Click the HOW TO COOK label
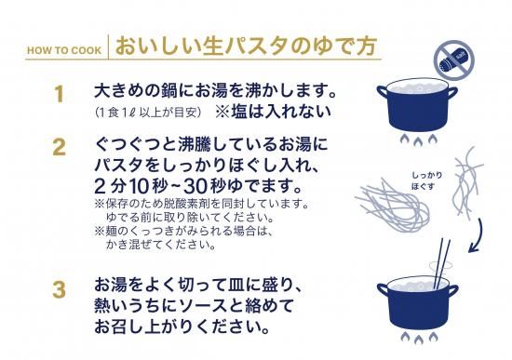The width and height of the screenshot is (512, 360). click(x=64, y=50)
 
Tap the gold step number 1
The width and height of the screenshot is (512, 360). click(x=59, y=94)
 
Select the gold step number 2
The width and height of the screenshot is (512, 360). click(x=59, y=147)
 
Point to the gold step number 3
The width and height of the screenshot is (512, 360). click(x=59, y=290)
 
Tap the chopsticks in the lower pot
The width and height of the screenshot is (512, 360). click(x=441, y=264)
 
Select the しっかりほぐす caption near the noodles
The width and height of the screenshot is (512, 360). click(x=426, y=180)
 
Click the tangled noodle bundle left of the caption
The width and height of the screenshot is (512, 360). click(x=393, y=205)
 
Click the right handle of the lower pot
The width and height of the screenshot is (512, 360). click(x=452, y=290)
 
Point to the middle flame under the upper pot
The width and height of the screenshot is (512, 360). click(x=419, y=141)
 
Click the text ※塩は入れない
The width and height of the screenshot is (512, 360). click(x=273, y=112)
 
